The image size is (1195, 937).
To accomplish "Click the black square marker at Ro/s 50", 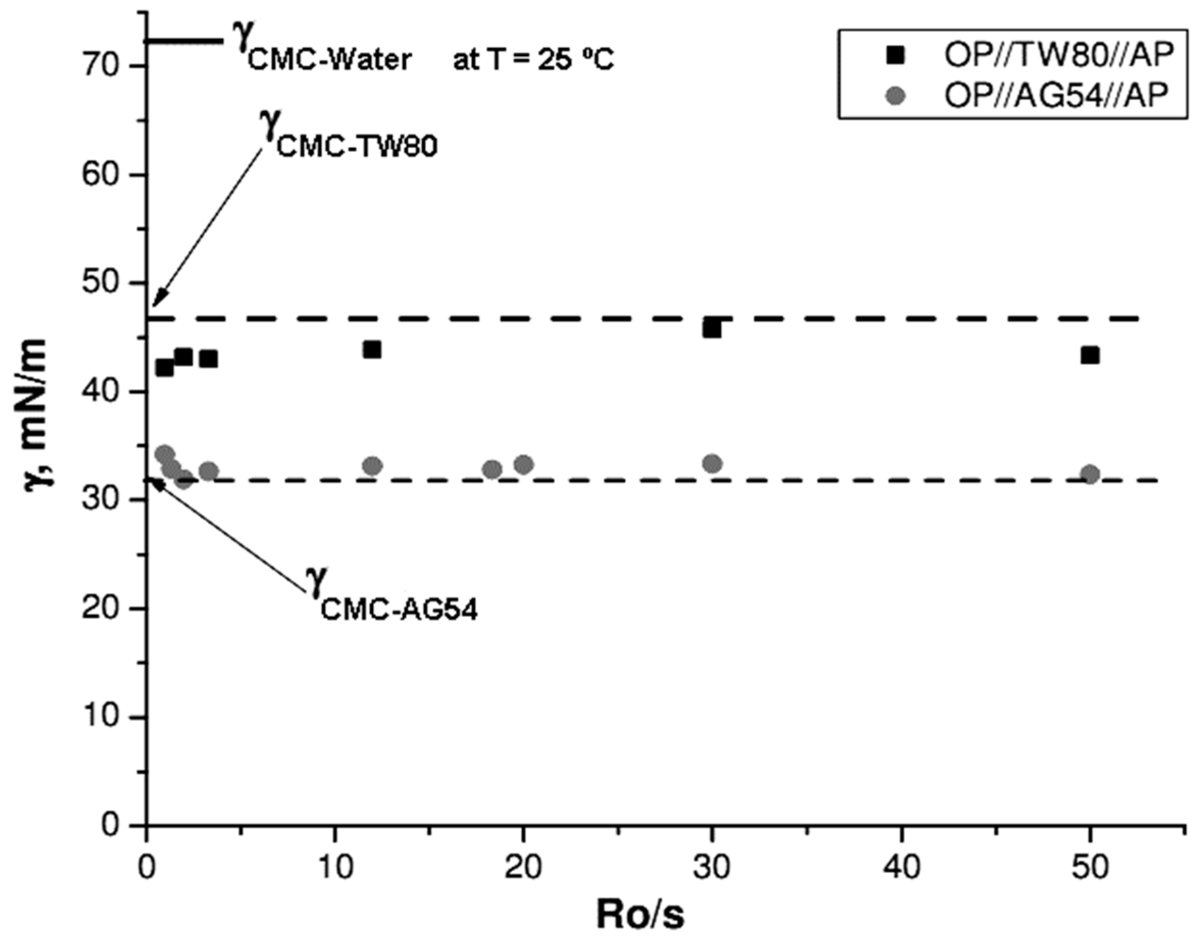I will click(x=1090, y=355).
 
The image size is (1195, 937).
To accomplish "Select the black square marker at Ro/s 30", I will click(x=712, y=329).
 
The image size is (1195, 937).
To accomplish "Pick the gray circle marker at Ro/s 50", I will click(x=1090, y=474).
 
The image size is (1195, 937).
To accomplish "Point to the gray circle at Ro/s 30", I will click(x=712, y=464).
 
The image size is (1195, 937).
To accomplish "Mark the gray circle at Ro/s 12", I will click(x=373, y=466).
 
